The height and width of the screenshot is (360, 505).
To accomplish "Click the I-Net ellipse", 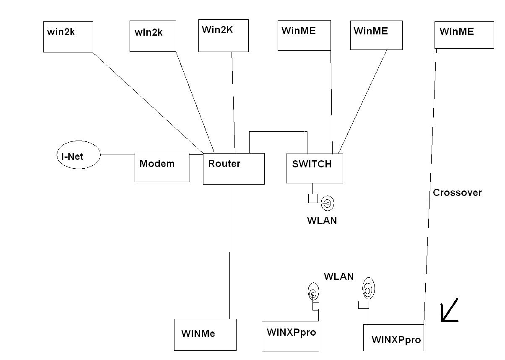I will [78, 155].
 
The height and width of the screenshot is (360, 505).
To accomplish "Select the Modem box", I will [162, 167].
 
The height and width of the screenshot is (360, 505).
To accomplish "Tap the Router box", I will [234, 168].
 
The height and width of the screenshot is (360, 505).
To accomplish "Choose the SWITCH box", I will [314, 168].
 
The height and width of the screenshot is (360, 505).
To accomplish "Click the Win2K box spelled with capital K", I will [223, 35].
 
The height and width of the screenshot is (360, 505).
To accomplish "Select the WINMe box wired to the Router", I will [205, 334].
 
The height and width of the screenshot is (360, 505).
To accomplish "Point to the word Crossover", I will [457, 193].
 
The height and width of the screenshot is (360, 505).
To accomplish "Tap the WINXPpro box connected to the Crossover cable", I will [393, 337].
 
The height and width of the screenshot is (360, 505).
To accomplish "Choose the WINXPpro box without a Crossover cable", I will [290, 336].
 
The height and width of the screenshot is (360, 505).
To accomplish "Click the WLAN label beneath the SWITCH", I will [322, 220].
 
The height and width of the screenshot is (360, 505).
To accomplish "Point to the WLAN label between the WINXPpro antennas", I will [338, 277].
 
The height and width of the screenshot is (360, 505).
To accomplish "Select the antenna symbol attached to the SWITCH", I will [328, 204].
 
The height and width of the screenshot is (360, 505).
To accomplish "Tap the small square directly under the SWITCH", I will [313, 198].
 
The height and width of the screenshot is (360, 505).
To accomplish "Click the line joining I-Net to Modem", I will [117, 154].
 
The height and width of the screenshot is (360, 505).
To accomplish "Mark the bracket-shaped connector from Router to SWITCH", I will [278, 132].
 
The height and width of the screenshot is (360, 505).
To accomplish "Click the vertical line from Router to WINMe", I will [230, 252].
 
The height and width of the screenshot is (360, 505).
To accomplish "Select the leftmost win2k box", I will [68, 37].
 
